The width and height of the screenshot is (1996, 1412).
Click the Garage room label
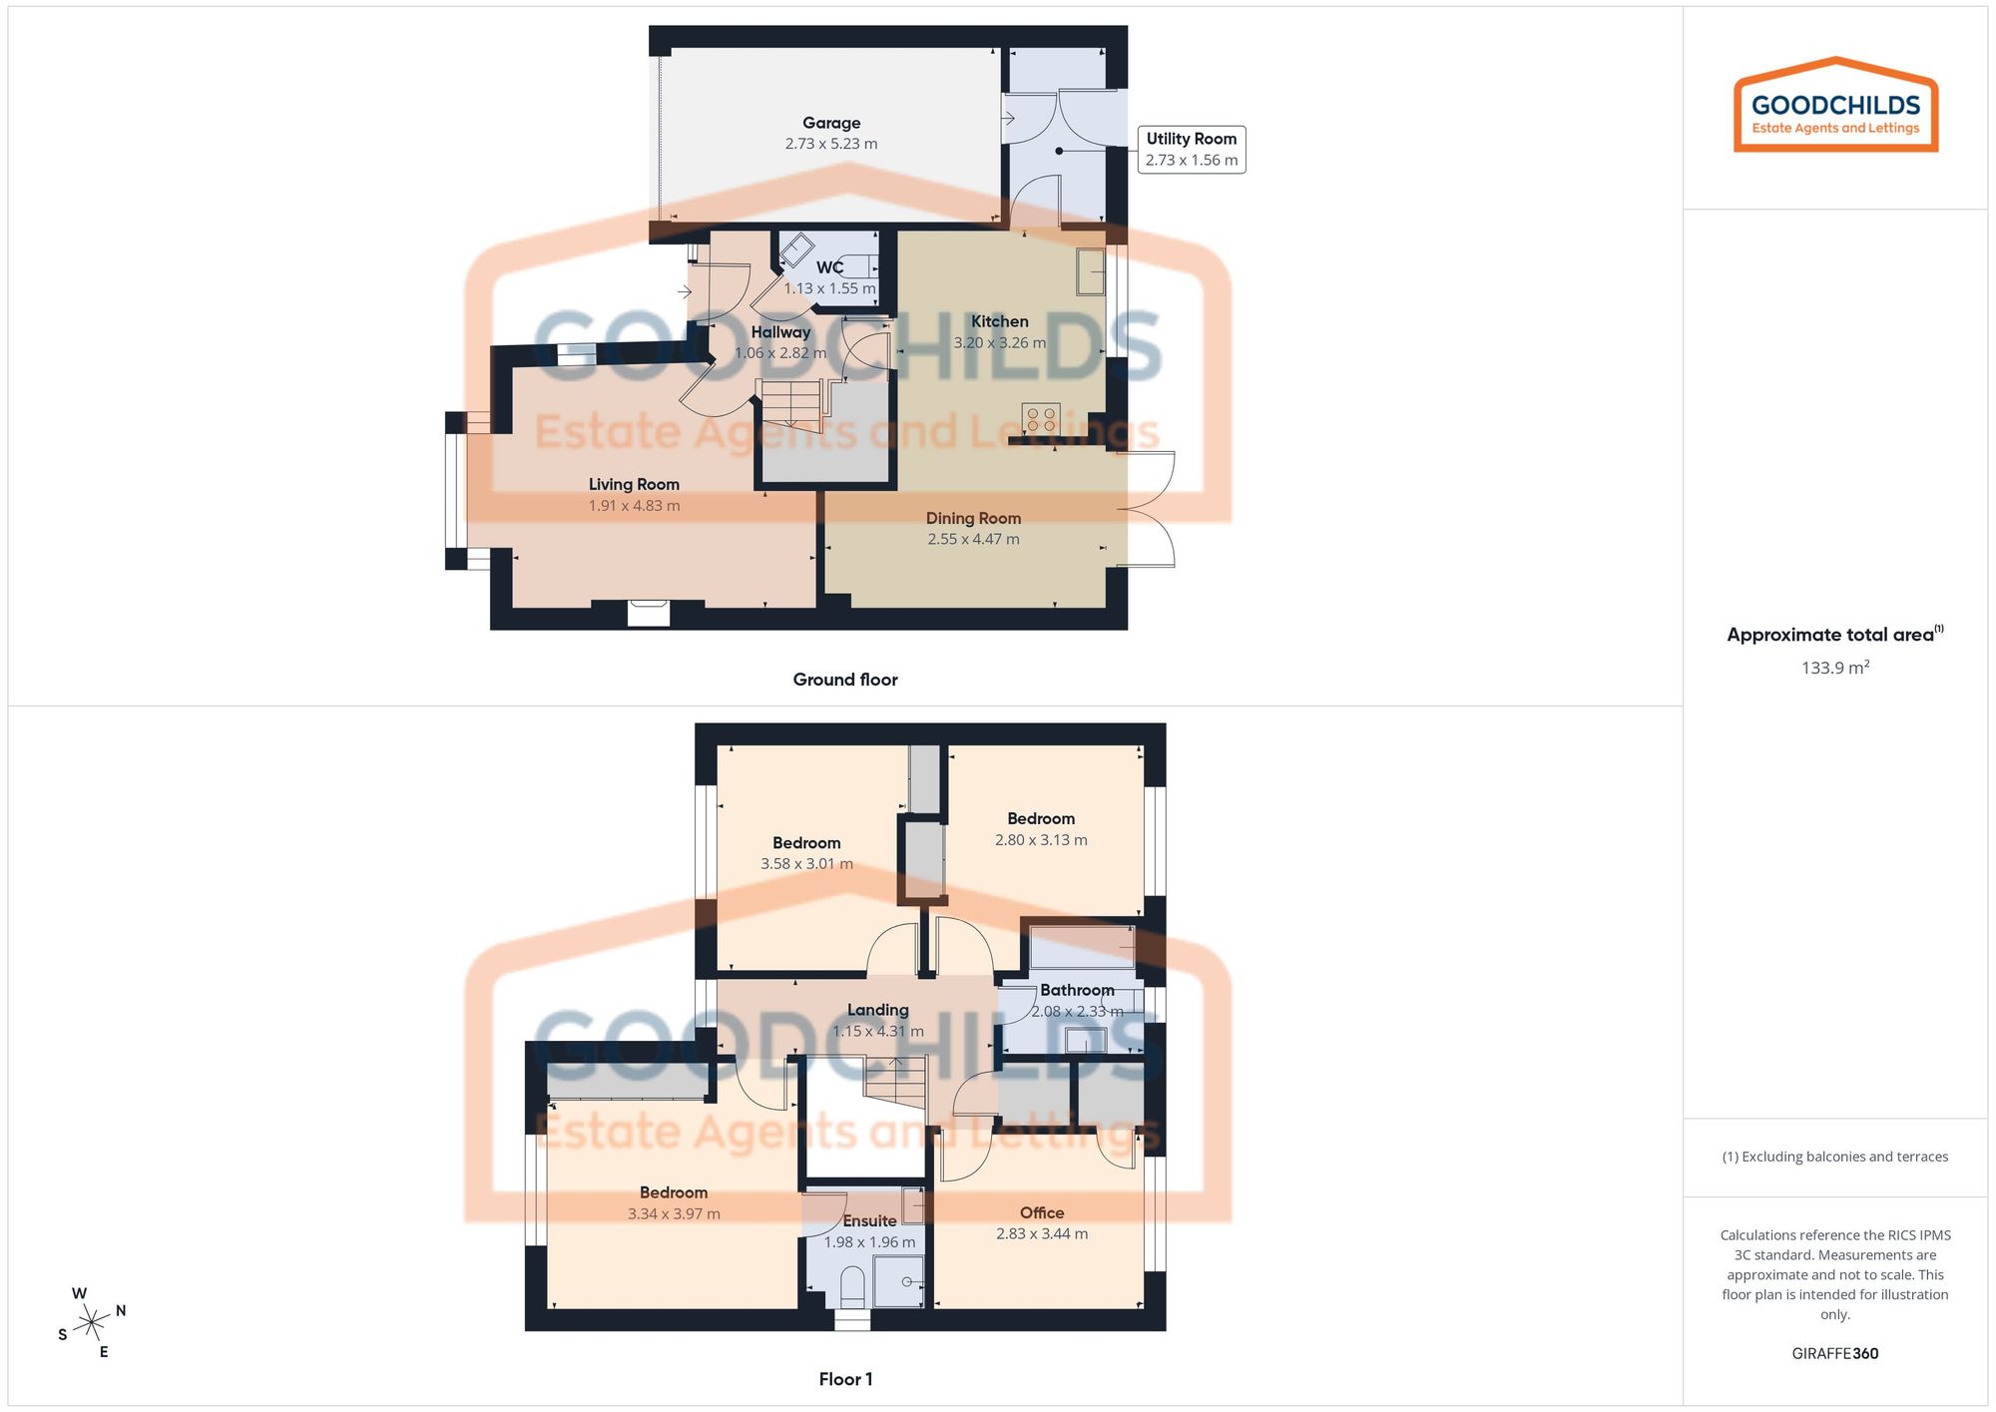tap(831, 123)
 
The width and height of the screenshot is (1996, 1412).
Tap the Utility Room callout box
tap(1191, 150)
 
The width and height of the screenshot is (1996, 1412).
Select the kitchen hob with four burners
tap(1041, 418)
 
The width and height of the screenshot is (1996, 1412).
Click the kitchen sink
tap(1091, 271)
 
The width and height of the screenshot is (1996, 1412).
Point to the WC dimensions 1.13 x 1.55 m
tap(829, 288)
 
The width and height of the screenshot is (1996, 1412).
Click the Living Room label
tap(634, 484)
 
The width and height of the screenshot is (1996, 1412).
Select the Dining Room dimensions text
tap(973, 539)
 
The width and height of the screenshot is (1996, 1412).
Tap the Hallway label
tap(780, 332)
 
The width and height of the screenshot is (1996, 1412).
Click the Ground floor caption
tap(845, 680)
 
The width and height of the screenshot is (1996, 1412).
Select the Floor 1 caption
tap(845, 1379)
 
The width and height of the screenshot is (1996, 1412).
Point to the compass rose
tap(92, 1323)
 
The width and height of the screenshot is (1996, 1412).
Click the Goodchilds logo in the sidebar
tap(1835, 106)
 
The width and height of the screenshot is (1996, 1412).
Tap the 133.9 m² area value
tap(1834, 668)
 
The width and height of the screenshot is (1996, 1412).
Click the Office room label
tap(1042, 1212)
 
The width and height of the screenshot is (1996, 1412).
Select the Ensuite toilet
tap(852, 1287)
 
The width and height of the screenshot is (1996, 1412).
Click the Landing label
tap(878, 1010)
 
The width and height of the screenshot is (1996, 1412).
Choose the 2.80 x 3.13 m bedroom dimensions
tap(1041, 840)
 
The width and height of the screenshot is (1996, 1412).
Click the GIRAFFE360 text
tap(1834, 1353)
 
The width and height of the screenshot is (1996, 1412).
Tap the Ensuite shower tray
tap(898, 1281)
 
